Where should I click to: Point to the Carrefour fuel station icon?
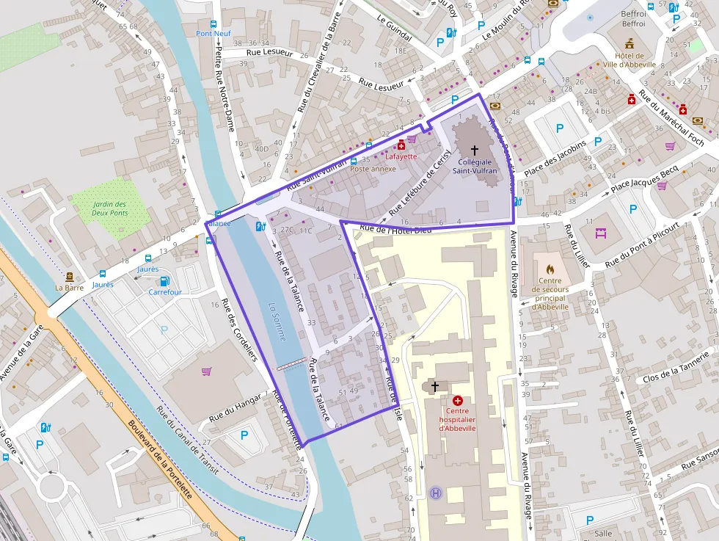(x=165, y=280)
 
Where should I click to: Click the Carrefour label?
(x=165, y=291)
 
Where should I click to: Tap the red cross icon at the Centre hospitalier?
(x=459, y=401)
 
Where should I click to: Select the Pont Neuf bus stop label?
(x=213, y=34)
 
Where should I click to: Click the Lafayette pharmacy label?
(x=401, y=156)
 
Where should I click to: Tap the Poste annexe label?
(x=373, y=169)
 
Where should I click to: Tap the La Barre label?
(x=70, y=288)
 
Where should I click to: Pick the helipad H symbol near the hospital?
(x=436, y=493)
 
